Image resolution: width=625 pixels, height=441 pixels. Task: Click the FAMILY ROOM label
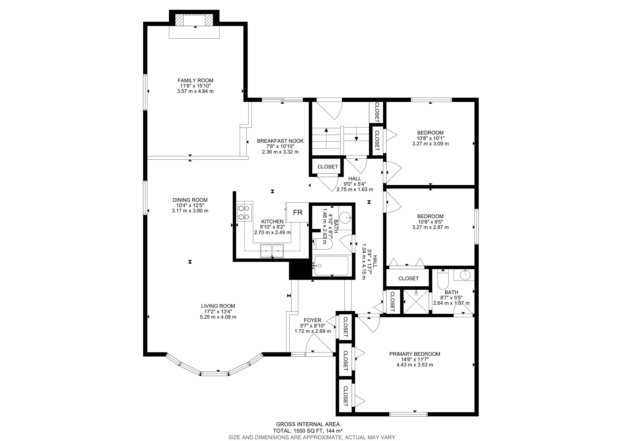[195, 80]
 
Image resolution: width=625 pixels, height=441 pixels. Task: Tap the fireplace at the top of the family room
[194, 20]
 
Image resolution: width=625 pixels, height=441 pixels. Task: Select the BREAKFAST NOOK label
[280, 141]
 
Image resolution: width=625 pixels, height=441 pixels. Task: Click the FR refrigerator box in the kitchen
[297, 212]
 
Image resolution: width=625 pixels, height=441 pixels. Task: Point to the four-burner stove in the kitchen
[244, 212]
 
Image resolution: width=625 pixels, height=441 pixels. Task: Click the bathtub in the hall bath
[331, 266]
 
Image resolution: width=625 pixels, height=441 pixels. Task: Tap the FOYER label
[312, 320]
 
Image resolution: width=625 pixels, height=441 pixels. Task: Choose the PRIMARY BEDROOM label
[415, 354]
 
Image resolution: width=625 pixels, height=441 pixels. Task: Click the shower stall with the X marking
[416, 302]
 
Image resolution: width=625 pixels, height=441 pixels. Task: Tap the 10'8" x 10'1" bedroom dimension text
[430, 138]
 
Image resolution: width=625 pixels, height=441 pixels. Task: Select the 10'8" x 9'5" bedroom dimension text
[430, 222]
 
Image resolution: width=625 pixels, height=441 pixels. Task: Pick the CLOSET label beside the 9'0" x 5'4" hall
[328, 167]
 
